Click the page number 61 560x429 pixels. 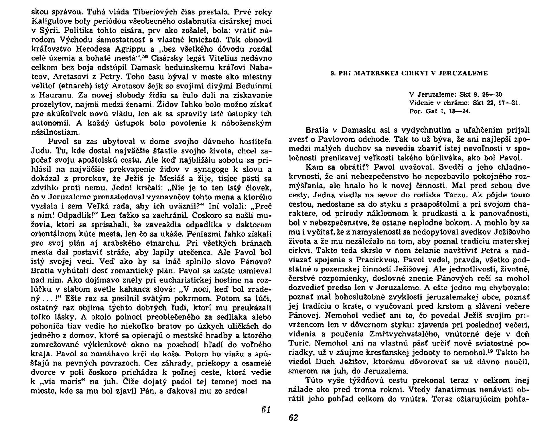(266, 409)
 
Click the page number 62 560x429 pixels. (293, 418)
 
